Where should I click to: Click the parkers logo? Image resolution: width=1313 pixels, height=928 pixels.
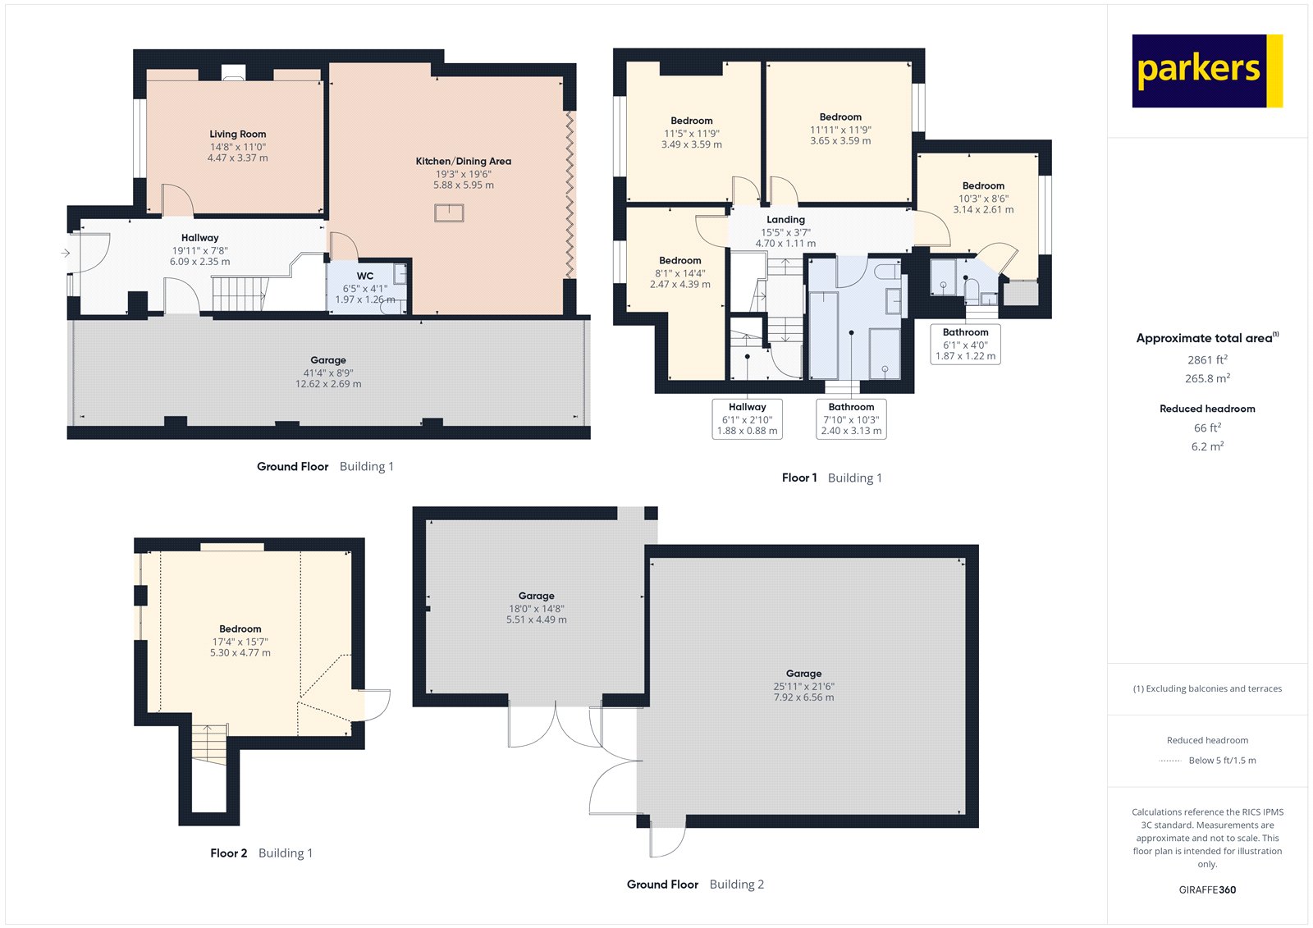[x=1206, y=71]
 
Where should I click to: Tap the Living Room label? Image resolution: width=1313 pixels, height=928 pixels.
[x=237, y=134]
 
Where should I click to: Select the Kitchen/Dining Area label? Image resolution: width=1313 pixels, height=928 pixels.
[x=463, y=162]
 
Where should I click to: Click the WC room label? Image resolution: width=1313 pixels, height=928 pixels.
[x=365, y=276]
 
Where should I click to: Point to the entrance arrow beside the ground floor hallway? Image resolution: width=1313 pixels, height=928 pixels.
[x=66, y=254]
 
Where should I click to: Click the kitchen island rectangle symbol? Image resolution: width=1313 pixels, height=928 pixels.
[x=449, y=213]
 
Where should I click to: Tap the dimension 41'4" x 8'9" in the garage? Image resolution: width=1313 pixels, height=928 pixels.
[x=328, y=373]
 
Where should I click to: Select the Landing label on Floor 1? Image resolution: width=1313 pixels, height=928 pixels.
[x=785, y=220]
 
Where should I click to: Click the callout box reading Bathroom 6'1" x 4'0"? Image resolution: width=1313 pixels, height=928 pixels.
[x=965, y=344]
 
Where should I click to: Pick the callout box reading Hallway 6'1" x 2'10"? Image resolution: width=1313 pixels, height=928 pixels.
[x=747, y=418]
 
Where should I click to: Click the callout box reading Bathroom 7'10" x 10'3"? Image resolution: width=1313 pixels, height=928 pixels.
[x=851, y=418]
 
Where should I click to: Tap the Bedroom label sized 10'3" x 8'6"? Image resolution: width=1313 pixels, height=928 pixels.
[x=983, y=186]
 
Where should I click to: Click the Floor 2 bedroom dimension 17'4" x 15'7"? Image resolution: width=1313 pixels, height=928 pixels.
[x=240, y=642]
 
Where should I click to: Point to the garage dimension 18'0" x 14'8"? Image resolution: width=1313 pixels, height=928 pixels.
[x=536, y=609]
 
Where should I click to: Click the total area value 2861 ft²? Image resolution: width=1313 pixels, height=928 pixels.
[x=1207, y=359]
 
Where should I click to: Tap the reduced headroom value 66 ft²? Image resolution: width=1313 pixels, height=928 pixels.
[x=1207, y=427]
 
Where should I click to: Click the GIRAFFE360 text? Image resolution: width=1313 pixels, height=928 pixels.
[x=1207, y=889]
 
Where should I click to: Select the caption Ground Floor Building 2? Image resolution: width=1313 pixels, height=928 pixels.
[x=695, y=885]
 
